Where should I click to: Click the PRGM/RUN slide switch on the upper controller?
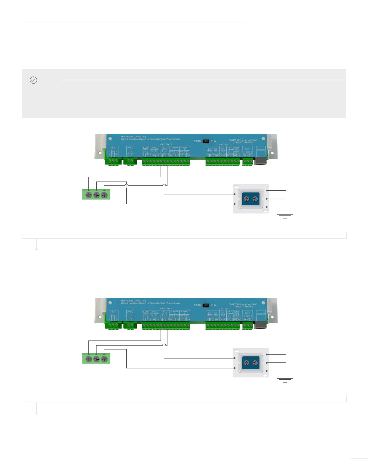[206, 141]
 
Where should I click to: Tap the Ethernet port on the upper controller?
[260, 160]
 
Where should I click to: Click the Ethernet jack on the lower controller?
[260, 325]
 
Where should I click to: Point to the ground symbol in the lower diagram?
[285, 380]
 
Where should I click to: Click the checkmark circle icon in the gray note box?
[33, 80]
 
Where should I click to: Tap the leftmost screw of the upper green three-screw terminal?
[89, 195]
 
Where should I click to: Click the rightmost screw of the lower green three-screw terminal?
[104, 359]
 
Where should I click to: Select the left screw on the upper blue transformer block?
[247, 199]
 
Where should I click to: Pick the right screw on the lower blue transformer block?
[255, 363]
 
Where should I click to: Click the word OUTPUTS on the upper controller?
[166, 145]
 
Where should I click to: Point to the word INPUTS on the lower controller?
[223, 309]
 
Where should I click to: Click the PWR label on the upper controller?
[113, 148]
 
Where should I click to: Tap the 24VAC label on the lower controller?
[130, 312]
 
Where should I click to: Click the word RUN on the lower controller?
[213, 305]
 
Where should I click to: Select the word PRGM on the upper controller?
[197, 141]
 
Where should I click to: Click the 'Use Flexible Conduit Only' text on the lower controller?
[134, 301]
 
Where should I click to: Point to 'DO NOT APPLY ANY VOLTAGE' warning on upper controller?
[243, 140]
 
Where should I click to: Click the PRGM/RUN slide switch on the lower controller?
[206, 305]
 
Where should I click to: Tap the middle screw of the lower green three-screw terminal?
[96, 359]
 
